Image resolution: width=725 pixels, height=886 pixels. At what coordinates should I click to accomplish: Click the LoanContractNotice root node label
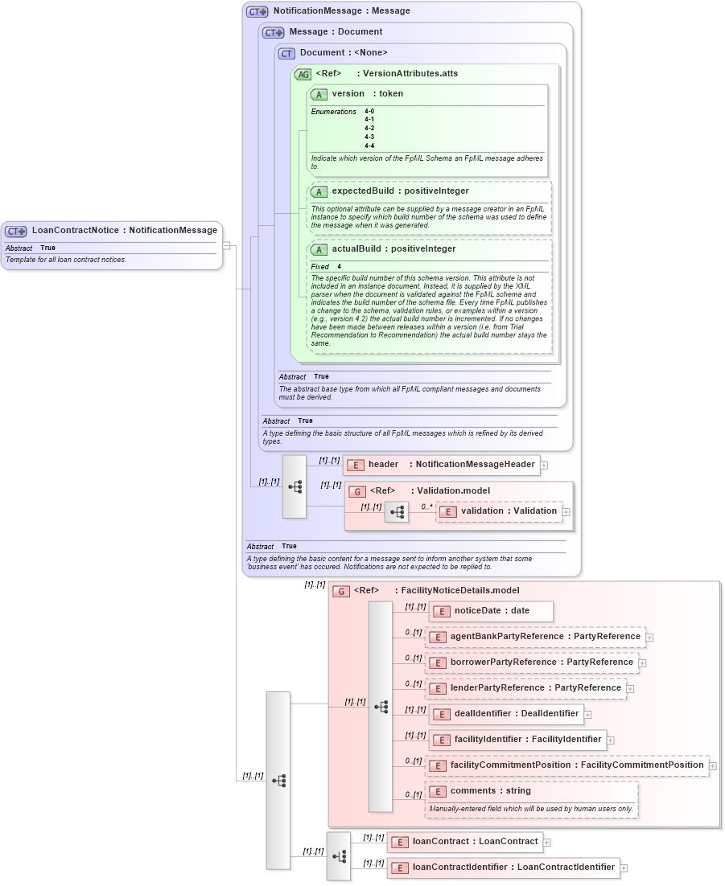point(124,231)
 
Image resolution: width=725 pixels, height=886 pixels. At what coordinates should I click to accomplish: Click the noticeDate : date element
point(491,611)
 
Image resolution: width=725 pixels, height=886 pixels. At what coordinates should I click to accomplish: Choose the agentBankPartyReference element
point(536,637)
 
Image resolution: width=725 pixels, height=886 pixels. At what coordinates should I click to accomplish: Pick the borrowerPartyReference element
point(532,662)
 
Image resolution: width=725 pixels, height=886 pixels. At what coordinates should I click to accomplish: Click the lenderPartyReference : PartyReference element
point(526,688)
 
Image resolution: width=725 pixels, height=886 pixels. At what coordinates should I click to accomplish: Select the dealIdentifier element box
point(506,714)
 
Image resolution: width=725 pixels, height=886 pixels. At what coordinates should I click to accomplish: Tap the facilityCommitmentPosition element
point(566,765)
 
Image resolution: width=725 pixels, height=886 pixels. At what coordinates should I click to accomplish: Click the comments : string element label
point(491,791)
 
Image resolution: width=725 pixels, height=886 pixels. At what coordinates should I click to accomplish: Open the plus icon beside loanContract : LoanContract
point(547,843)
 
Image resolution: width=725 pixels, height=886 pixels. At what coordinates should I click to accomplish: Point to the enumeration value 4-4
point(369,146)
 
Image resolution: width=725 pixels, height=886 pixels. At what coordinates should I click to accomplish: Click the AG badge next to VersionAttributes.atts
point(303,74)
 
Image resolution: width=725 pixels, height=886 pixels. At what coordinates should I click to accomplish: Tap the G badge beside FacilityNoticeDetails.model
point(341,591)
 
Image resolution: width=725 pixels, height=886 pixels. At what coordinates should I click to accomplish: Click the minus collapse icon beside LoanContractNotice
point(227,245)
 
